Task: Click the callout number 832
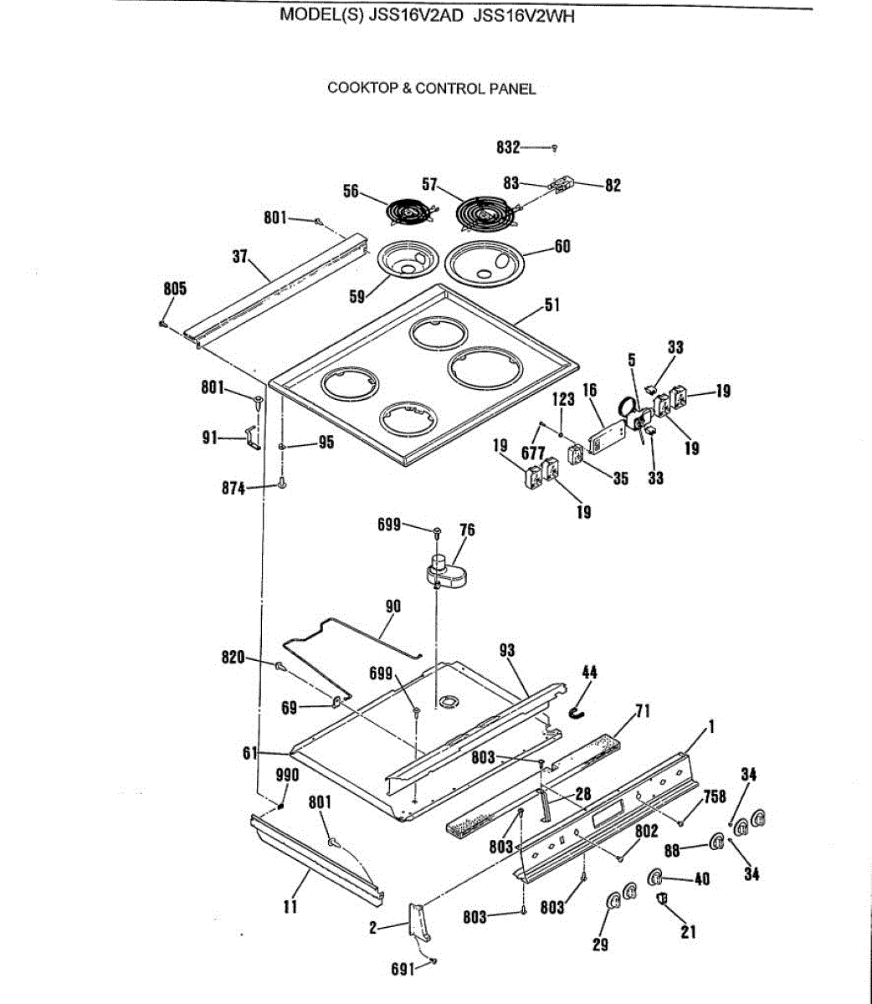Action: click(x=508, y=148)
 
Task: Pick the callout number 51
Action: click(x=552, y=305)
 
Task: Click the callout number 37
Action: click(x=240, y=256)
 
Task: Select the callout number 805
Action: click(x=175, y=289)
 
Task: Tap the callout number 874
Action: click(x=233, y=488)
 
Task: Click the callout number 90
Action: click(x=392, y=606)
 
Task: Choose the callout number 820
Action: click(x=233, y=658)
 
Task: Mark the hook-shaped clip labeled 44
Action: click(x=577, y=712)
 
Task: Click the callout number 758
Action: click(x=715, y=797)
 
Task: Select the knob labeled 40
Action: click(x=656, y=877)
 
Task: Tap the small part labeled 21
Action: click(x=663, y=899)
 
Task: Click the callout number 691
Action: click(x=403, y=971)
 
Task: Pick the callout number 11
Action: click(x=290, y=904)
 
